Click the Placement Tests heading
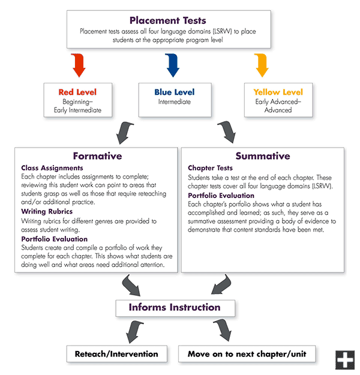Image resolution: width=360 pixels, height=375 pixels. click(167, 20)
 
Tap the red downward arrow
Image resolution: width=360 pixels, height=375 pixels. click(79, 65)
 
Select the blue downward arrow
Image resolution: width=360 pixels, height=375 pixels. click(173, 65)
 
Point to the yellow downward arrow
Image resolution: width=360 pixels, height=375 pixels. click(262, 65)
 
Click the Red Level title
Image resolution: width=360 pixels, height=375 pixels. click(77, 92)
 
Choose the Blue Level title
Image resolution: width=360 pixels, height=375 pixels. click(175, 92)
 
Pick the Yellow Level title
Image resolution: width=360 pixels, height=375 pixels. click(278, 92)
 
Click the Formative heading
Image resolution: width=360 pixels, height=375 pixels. click(98, 156)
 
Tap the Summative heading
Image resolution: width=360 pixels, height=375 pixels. click(263, 156)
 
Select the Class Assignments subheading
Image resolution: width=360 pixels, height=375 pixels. click(52, 168)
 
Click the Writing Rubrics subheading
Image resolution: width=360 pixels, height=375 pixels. click(47, 211)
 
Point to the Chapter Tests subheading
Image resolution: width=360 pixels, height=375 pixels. click(210, 168)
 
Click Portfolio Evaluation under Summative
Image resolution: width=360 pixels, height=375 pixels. click(221, 196)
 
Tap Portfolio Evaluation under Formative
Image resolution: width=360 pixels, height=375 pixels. click(54, 239)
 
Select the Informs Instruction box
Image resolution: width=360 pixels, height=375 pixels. click(175, 308)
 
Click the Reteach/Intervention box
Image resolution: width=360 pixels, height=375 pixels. click(117, 354)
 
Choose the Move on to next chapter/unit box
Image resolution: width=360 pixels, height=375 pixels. click(247, 354)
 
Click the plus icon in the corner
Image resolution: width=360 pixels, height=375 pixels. click(345, 360)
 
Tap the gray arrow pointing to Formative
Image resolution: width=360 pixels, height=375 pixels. click(124, 132)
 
